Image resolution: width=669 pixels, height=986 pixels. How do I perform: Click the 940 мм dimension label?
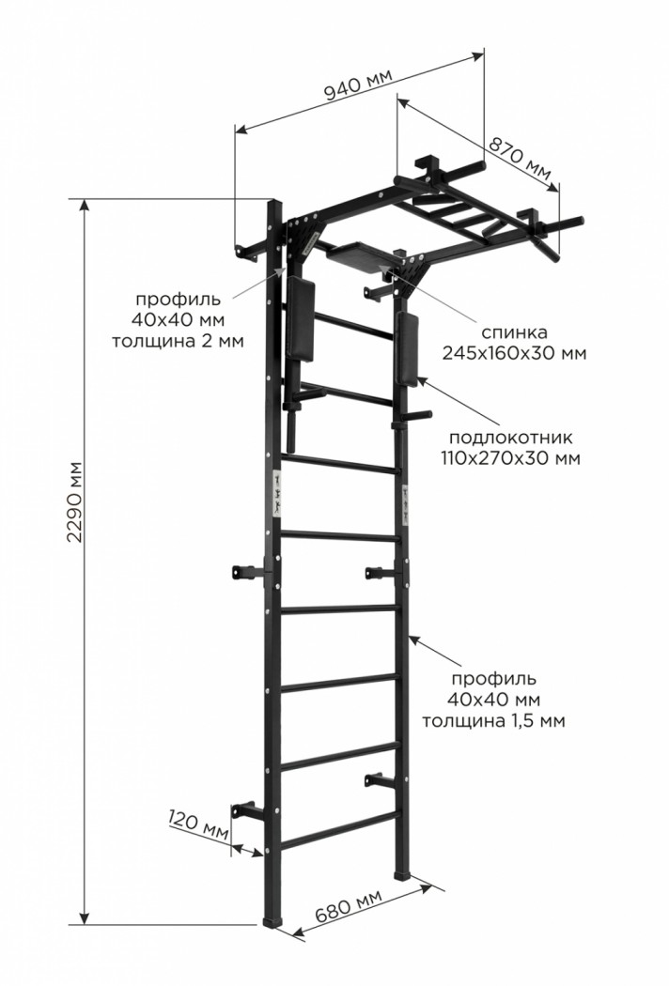358,84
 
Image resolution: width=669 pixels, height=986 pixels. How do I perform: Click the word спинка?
514,332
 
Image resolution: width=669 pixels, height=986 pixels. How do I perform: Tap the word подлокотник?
510,437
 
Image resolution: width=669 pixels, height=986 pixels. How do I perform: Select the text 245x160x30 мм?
514,353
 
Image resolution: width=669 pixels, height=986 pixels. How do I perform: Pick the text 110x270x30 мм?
510,457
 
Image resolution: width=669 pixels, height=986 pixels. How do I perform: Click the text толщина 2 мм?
179,340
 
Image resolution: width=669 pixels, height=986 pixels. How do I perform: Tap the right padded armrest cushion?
407,349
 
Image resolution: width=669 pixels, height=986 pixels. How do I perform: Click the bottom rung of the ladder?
340,827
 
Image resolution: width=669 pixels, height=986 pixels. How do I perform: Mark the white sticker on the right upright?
406,503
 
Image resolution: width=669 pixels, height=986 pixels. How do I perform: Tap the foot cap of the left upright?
272,920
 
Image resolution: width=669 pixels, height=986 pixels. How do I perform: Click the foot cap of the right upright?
402,874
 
